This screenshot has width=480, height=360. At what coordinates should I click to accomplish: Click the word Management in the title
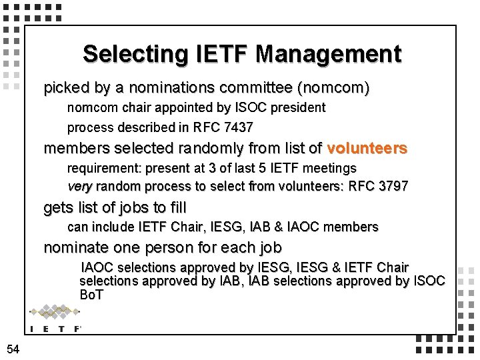tap(328, 53)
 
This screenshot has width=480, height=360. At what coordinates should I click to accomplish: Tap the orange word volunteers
tap(367, 148)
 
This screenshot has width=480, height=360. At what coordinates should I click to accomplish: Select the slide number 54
tap(13, 349)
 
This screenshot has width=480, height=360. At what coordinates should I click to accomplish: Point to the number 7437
tap(239, 127)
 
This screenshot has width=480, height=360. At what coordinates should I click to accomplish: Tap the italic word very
tap(79, 187)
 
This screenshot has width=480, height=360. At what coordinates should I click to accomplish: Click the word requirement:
tap(101, 168)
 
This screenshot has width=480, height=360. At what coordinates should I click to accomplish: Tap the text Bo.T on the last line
tap(91, 294)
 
